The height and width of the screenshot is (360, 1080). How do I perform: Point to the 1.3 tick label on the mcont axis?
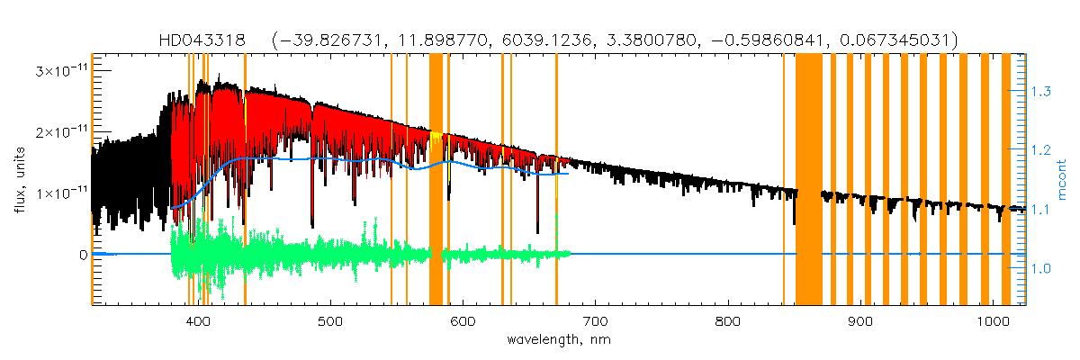coord(1040,92)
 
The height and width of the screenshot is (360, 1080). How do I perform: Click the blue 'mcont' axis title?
coord(1064,179)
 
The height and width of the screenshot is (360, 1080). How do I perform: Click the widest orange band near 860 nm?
coord(809,180)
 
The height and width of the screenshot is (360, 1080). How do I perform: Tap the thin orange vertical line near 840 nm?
coord(784,180)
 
